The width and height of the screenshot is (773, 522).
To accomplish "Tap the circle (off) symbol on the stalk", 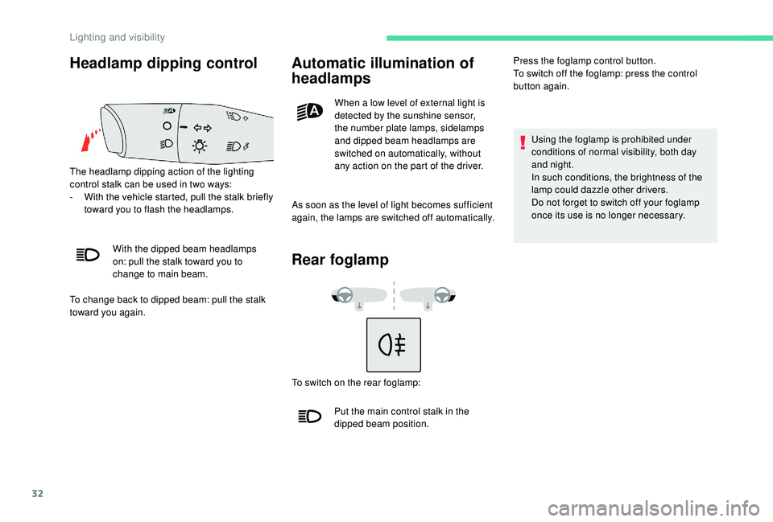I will point(165,126).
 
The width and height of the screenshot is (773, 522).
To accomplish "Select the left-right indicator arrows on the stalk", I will point(203,127).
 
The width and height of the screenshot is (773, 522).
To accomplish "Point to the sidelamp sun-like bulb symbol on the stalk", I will point(198,146).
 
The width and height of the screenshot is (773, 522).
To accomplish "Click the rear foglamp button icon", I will point(394,344).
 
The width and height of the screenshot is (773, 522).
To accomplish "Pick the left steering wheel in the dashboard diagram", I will point(344,295).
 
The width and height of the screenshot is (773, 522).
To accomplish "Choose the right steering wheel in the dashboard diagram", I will point(441,295).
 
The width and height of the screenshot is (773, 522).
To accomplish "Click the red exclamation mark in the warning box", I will point(522,142).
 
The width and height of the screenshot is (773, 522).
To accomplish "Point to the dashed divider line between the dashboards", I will point(393,295).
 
